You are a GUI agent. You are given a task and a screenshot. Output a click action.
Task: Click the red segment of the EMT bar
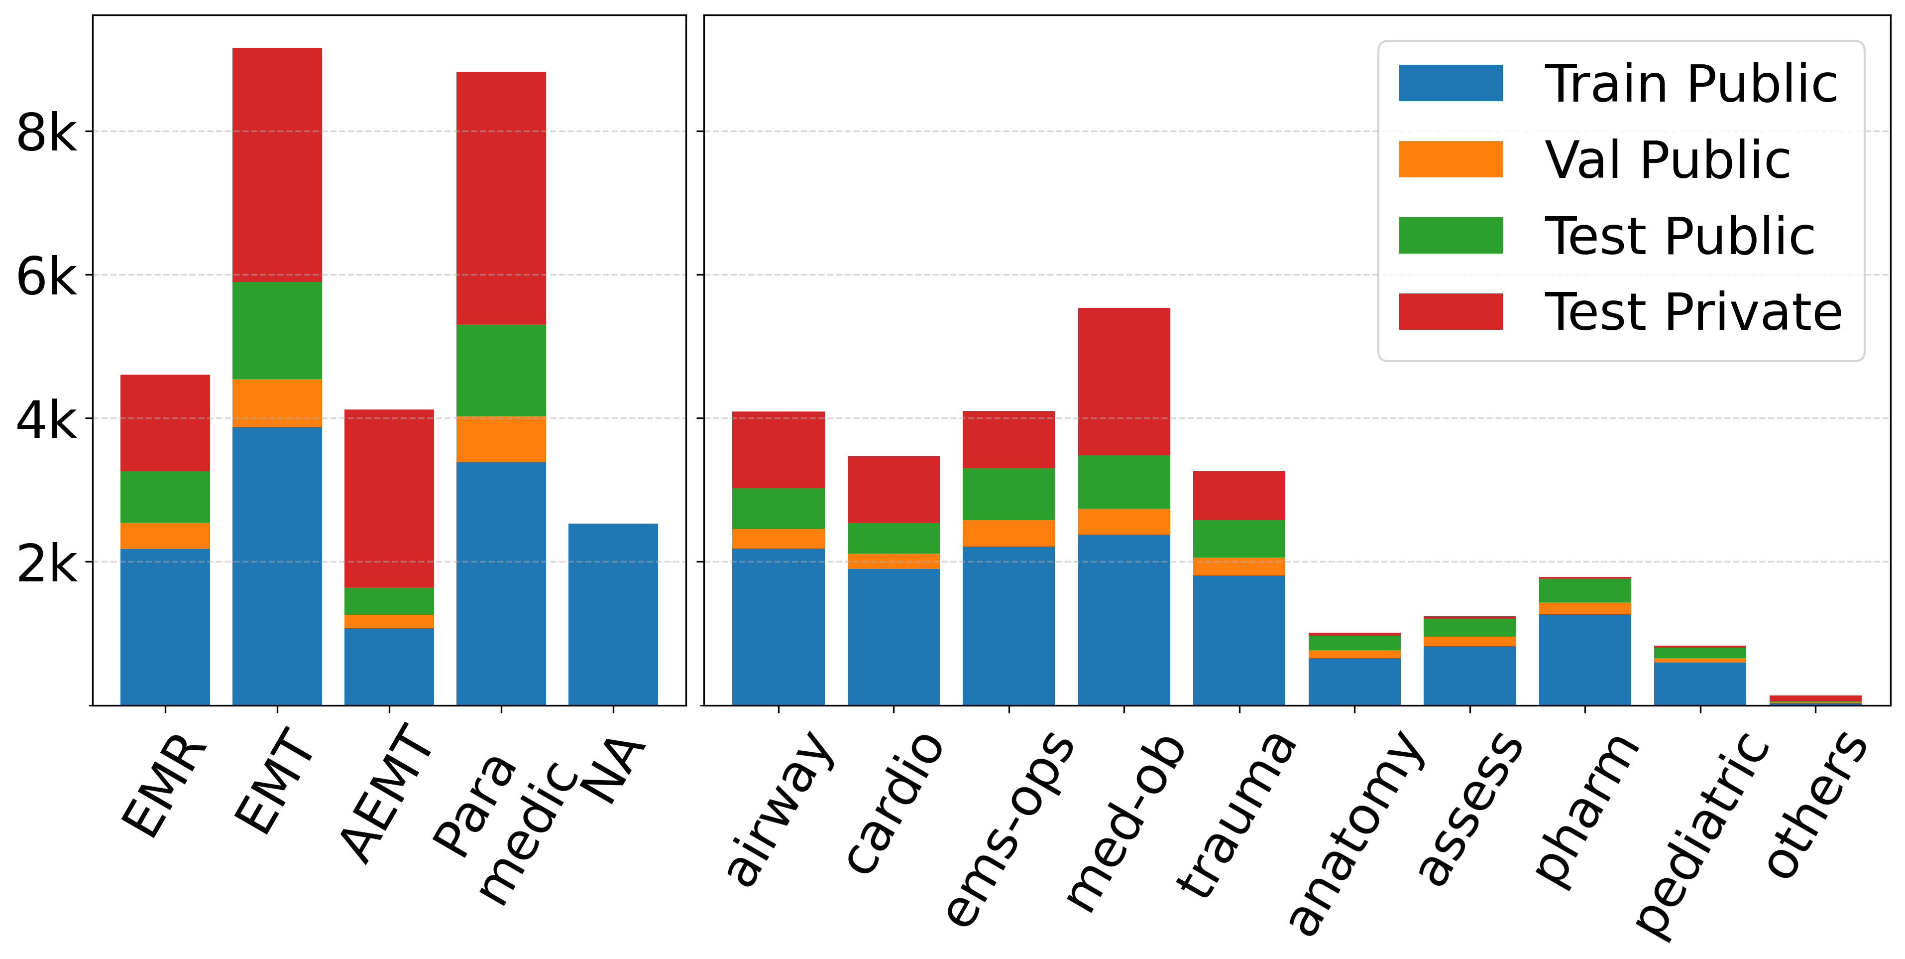click(x=277, y=164)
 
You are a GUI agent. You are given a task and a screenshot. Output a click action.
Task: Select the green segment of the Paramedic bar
click(x=501, y=370)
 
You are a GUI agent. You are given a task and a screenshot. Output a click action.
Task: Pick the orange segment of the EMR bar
click(x=165, y=535)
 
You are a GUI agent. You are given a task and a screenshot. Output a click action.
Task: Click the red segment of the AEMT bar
click(x=389, y=498)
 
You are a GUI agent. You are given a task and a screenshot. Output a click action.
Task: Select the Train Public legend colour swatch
click(x=1450, y=83)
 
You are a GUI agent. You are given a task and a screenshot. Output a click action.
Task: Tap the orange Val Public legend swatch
click(x=1450, y=159)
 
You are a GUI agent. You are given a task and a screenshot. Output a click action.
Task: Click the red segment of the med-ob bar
click(x=1123, y=381)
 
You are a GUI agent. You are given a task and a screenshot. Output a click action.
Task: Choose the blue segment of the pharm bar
click(x=1585, y=659)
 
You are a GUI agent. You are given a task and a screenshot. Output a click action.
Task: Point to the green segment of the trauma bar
click(x=1238, y=538)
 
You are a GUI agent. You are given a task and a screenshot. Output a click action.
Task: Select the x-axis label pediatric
click(x=1701, y=836)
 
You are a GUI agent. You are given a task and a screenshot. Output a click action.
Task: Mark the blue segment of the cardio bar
click(x=894, y=636)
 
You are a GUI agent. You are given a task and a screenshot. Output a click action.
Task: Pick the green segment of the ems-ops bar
click(x=1008, y=494)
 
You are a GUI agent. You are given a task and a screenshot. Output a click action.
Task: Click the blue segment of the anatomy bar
click(x=1354, y=681)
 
